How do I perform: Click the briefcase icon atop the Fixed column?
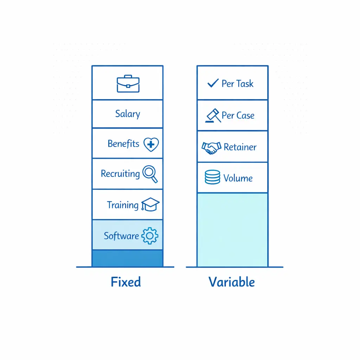(x=128, y=84)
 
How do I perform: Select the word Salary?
(x=128, y=114)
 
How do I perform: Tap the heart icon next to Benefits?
(x=151, y=144)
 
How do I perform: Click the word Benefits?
(x=123, y=144)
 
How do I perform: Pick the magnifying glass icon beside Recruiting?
(x=150, y=174)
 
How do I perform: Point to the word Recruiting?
(x=120, y=174)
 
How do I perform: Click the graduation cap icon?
(x=150, y=205)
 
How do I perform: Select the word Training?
(x=123, y=205)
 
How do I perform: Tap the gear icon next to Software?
(x=150, y=236)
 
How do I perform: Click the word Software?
(x=121, y=236)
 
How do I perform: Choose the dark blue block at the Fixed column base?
(x=127, y=258)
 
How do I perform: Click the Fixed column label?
(x=126, y=282)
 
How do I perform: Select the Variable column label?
(x=232, y=282)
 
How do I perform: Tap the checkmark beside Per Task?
(x=213, y=83)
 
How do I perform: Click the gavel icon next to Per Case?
(x=213, y=115)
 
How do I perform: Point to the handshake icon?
(x=211, y=147)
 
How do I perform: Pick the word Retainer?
(x=240, y=147)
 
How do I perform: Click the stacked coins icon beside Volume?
(x=212, y=178)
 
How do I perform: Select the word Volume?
(x=238, y=178)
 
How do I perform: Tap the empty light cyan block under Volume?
(x=232, y=230)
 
